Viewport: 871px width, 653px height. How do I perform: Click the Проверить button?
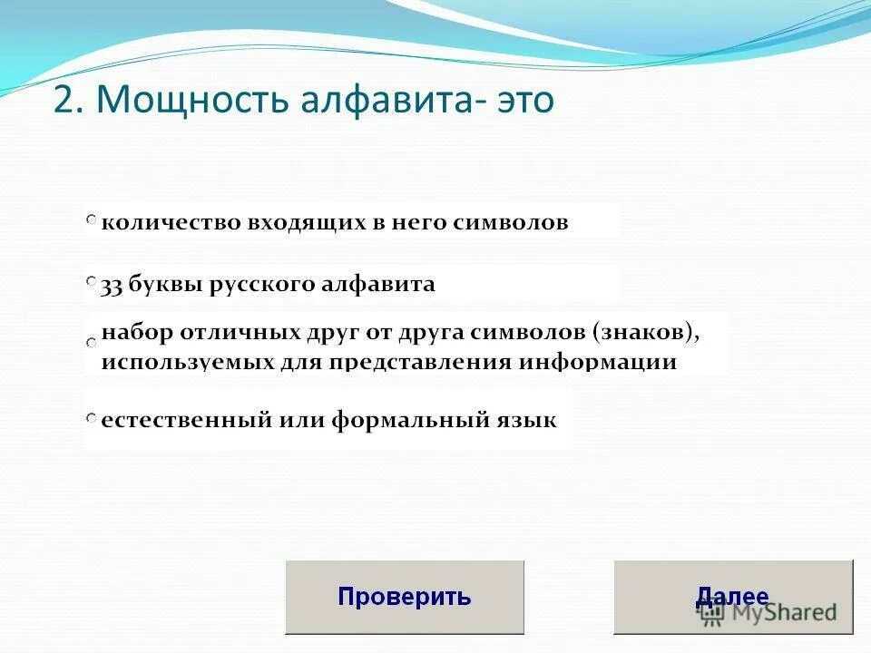[405, 597]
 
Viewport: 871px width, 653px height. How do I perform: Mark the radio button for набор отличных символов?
[92, 343]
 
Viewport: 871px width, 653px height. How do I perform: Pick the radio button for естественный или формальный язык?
[92, 418]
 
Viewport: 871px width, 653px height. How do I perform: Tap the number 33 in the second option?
[112, 285]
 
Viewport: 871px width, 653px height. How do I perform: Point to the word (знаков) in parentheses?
[647, 331]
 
